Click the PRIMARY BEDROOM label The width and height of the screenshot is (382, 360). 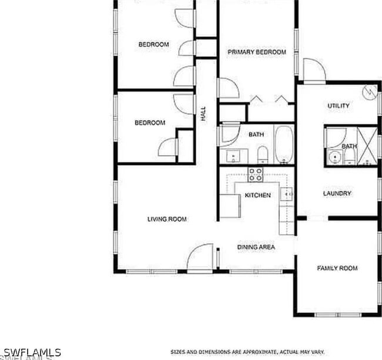[x=257, y=52]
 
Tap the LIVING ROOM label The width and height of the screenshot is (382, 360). [x=167, y=219]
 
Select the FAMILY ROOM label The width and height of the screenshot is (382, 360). [x=337, y=268]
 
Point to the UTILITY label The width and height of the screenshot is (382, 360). [x=339, y=106]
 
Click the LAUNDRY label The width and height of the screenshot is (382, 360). [x=337, y=193]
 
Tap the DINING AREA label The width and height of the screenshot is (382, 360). [x=256, y=247]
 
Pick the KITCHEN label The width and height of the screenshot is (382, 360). [x=257, y=195]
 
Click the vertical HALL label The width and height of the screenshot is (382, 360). [x=204, y=113]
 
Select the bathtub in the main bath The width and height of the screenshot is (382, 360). [x=283, y=144]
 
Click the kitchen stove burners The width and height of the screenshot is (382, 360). [x=256, y=174]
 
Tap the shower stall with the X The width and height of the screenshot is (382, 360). [x=367, y=145]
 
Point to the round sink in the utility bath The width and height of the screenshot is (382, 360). [x=335, y=157]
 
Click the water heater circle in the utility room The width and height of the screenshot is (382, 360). [x=370, y=91]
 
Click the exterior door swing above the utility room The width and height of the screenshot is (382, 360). [x=314, y=70]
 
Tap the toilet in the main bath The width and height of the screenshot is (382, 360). [x=263, y=155]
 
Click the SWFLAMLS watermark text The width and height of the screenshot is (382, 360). [x=32, y=352]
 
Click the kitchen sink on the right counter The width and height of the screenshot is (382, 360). [x=287, y=194]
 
